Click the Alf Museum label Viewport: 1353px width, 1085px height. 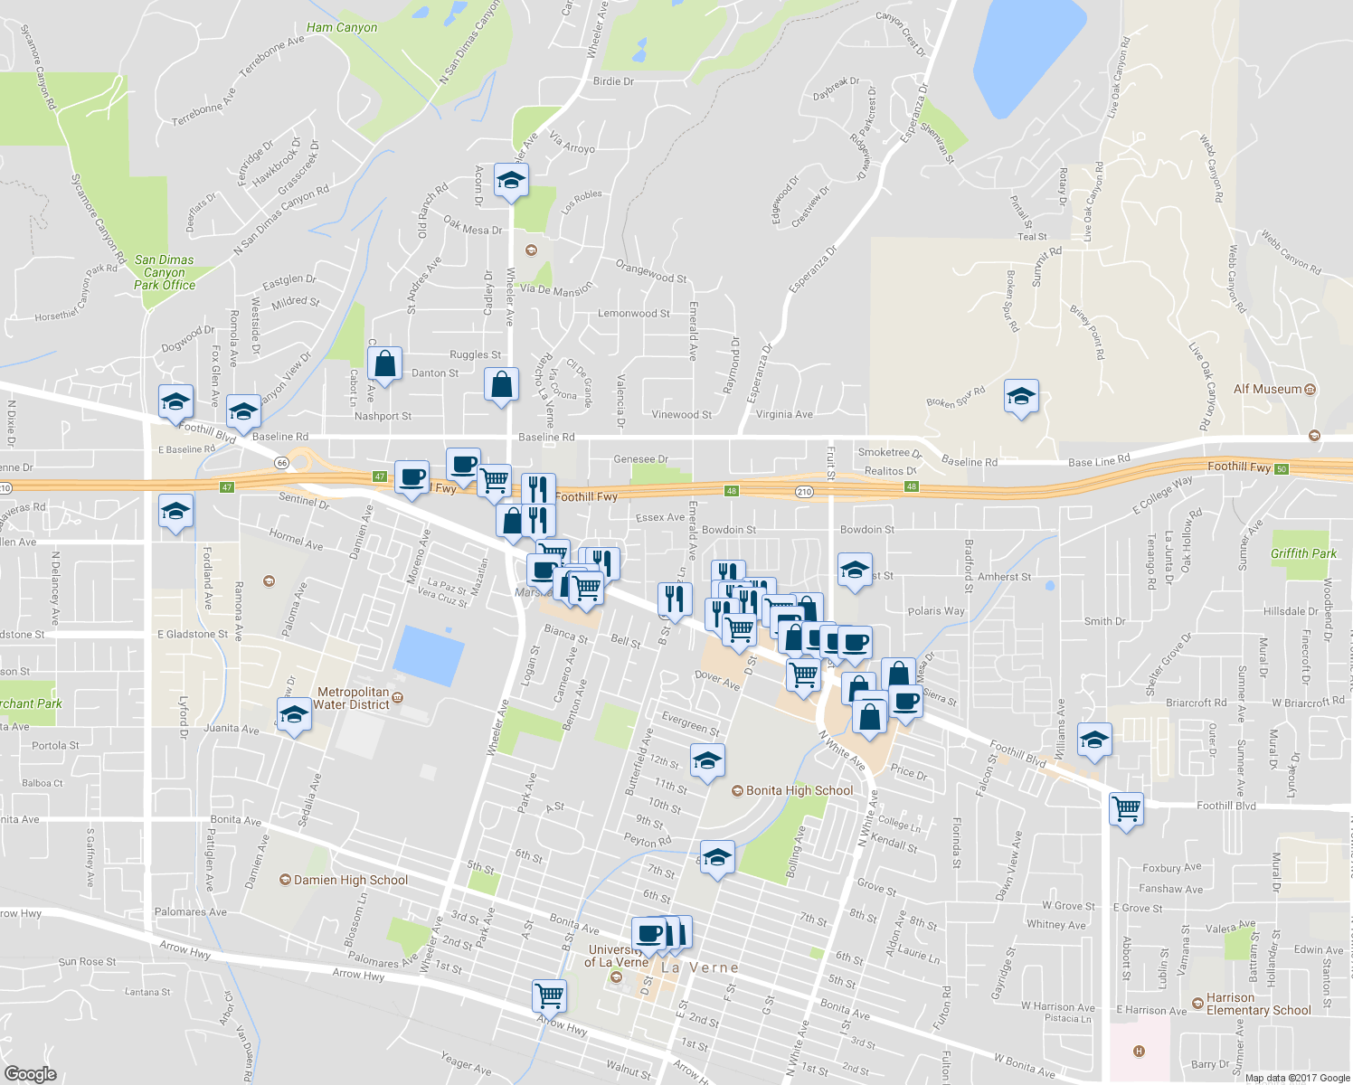[x=1268, y=389]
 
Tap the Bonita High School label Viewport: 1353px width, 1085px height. [x=799, y=790]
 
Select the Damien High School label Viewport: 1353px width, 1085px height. [x=351, y=880]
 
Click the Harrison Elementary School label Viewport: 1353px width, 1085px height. [x=1258, y=1004]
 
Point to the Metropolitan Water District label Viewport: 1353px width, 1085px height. [x=352, y=698]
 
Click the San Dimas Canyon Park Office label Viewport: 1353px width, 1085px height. [x=165, y=272]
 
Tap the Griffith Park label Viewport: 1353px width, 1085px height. [x=1303, y=553]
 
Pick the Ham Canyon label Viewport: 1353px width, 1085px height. [x=342, y=27]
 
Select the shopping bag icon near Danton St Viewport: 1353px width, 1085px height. [x=384, y=365]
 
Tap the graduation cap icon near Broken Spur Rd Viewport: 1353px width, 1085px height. [x=1021, y=397]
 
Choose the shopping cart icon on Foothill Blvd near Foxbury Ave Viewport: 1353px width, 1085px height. [x=1126, y=807]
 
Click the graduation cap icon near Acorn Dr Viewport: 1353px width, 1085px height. [x=511, y=181]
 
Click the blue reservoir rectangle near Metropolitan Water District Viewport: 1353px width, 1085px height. [x=430, y=654]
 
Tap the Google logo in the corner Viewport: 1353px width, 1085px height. [x=30, y=1073]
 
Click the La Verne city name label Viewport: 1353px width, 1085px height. [x=700, y=967]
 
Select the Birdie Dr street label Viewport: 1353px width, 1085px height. [x=613, y=81]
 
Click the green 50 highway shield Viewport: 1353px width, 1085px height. [x=1281, y=468]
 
